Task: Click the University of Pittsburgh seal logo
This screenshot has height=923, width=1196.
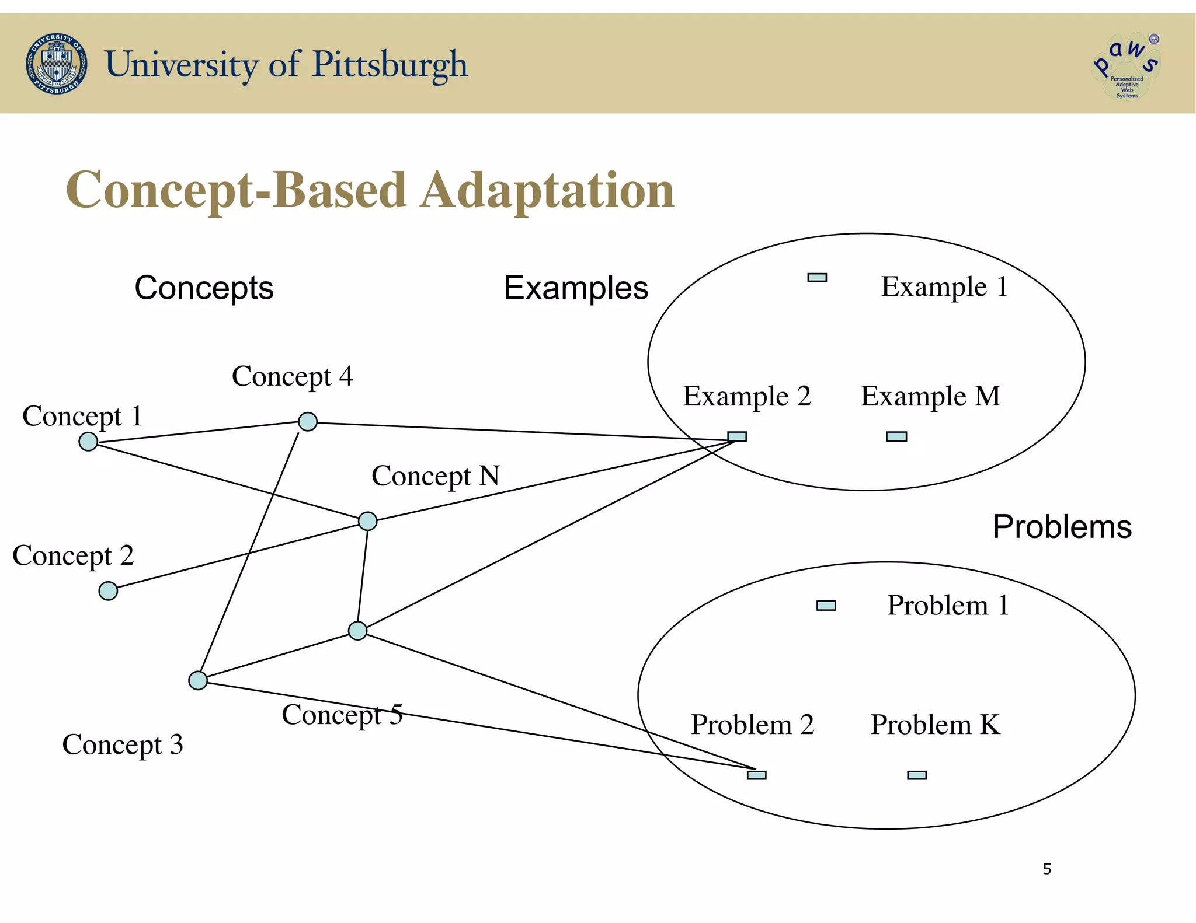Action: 57,64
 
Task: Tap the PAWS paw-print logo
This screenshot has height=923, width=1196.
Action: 1127,65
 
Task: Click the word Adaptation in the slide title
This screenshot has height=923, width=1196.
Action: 547,190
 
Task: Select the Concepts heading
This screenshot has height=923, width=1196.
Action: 204,288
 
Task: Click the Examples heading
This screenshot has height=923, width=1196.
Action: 576,288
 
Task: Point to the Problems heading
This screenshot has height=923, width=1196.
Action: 1062,527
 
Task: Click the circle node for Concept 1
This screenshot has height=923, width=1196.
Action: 88,442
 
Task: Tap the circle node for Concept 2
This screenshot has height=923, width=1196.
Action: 108,591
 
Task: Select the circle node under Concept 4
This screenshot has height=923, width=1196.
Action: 308,421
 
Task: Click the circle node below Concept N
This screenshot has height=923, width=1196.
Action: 367,521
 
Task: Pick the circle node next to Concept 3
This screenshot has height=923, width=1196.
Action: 198,680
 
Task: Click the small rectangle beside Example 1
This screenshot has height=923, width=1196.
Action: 817,278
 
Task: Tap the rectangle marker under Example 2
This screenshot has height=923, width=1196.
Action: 737,436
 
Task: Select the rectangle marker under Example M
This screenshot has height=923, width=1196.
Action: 896,436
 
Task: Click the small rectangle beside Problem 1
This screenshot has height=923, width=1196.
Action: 826,606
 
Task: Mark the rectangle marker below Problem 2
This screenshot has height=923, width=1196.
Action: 756,775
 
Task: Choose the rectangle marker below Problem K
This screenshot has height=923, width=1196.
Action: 917,775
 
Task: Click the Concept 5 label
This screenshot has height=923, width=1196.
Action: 342,715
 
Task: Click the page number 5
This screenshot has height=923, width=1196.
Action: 1046,869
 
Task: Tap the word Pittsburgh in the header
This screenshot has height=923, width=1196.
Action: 390,64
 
